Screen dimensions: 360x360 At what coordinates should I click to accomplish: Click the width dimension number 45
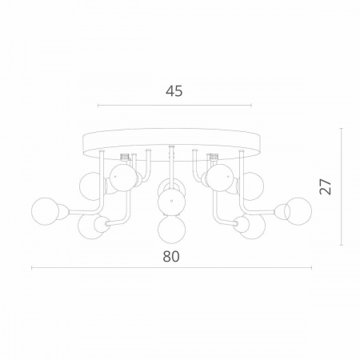coord(174,90)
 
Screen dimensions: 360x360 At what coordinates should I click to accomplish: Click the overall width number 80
coord(170,257)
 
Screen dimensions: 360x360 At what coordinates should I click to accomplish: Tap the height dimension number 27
coord(325,186)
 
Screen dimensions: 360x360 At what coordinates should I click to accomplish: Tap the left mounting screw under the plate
coord(125,158)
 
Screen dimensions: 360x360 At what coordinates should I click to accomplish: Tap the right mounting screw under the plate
coord(214,158)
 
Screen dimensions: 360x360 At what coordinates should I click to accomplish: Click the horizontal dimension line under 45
coord(174,105)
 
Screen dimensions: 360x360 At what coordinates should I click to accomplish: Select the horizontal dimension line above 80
coord(171,268)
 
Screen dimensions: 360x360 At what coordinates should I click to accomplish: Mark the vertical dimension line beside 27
coord(342,186)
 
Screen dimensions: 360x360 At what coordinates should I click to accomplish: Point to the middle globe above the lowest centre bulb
coord(170,200)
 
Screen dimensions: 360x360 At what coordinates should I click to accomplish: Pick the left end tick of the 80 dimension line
coord(31,268)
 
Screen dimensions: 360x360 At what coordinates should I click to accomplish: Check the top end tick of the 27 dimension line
coord(342,127)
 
